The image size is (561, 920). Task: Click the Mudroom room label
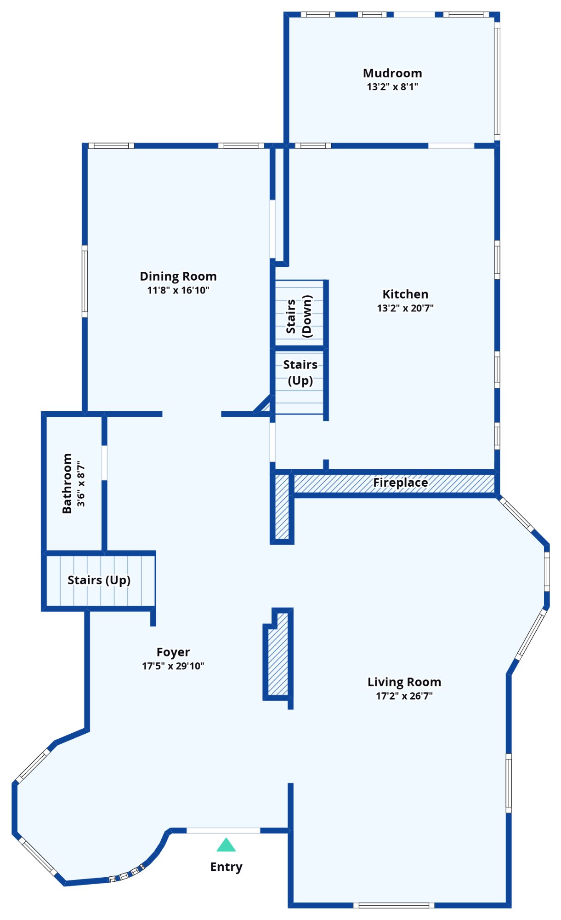click(392, 73)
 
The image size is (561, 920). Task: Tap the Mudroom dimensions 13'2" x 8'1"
click(392, 86)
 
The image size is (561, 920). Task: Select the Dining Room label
click(178, 276)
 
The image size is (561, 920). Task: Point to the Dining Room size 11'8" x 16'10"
click(178, 290)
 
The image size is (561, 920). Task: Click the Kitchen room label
click(405, 294)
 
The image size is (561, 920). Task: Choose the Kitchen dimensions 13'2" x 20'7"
click(405, 308)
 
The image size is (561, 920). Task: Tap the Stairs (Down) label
click(299, 316)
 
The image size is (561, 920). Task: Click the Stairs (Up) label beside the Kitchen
click(300, 372)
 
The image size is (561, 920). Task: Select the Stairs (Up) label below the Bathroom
click(99, 580)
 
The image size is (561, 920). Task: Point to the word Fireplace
click(400, 483)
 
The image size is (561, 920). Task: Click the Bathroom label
click(67, 483)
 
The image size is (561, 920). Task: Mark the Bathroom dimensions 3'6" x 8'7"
click(81, 484)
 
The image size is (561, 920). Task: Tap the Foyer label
click(173, 652)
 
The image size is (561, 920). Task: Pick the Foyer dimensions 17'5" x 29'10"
click(173, 666)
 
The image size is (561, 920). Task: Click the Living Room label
click(404, 682)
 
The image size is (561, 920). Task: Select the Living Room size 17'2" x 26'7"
click(404, 696)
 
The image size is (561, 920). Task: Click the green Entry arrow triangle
click(226, 845)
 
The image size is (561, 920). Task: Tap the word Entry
click(226, 867)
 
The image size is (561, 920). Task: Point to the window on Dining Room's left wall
click(85, 281)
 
